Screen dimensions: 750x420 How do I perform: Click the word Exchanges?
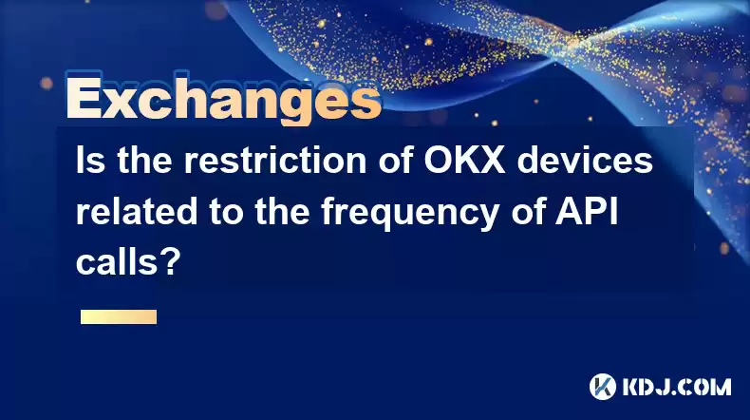coord(224,99)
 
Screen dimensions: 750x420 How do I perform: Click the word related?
coord(137,211)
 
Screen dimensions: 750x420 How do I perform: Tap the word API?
coord(587,211)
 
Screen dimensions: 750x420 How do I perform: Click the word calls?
coord(117,262)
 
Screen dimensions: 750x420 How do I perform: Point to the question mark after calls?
coord(170,262)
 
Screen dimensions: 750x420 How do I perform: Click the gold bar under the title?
coord(119,317)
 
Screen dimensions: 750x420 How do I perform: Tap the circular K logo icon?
coord(603,387)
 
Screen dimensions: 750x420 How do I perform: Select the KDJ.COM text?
coord(676,387)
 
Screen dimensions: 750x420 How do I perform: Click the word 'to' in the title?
coord(226,212)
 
